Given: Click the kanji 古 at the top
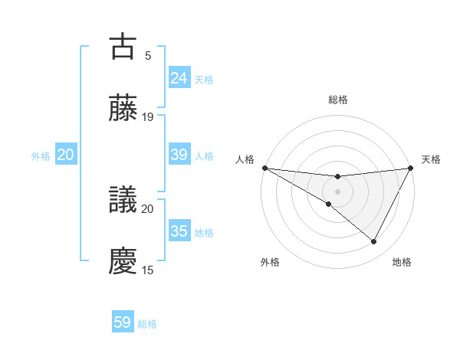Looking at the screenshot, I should (123, 46).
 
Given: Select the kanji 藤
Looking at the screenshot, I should (123, 109).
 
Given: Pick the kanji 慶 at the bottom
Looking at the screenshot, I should (123, 261).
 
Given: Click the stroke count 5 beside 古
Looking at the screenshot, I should (148, 55).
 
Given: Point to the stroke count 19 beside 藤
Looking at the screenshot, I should (148, 117).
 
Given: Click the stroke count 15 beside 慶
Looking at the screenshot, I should (148, 270).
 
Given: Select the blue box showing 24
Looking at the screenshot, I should (179, 78).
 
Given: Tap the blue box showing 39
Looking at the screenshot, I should (179, 155).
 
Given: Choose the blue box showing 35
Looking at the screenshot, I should (179, 231).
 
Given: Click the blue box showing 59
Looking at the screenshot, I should (123, 322).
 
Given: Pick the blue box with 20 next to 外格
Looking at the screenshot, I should (66, 155).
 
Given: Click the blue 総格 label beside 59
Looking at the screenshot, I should (147, 324).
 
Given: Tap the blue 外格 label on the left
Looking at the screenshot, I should (41, 155).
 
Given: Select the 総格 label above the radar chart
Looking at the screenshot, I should (337, 100).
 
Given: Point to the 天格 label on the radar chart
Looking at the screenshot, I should (431, 159).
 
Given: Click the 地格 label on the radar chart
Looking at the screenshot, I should (402, 262).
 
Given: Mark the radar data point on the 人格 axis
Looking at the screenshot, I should (264, 168).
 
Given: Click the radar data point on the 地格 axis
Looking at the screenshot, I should (374, 242).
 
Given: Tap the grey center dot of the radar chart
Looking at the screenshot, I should (337, 191).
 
